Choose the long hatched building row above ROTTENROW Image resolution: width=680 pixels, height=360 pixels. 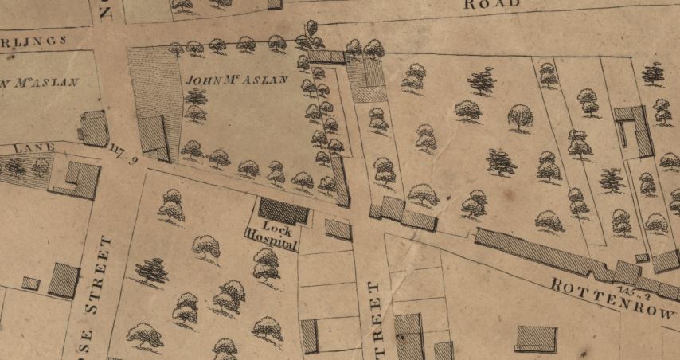541,253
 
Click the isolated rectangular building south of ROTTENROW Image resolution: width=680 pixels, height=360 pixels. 535,338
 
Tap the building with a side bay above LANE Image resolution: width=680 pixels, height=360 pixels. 94,128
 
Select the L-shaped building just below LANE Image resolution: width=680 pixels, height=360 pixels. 76,180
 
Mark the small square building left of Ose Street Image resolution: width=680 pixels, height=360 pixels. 31,283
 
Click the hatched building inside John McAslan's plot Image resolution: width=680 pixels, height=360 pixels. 153,135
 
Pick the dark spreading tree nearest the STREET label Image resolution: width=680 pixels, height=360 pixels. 151,272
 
